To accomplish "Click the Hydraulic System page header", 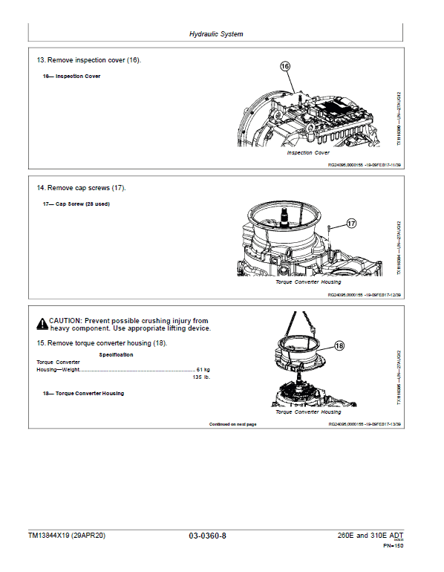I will click(x=216, y=34).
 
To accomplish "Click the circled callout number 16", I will click(x=285, y=67).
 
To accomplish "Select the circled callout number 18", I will click(x=339, y=345).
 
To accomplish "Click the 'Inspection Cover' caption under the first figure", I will click(x=308, y=152).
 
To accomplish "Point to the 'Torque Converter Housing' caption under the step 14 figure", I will click(x=308, y=282).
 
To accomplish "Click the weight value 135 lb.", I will click(x=201, y=377).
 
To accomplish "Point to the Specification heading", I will click(x=117, y=355).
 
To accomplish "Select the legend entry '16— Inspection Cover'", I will click(x=70, y=77).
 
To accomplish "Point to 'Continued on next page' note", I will click(x=232, y=424).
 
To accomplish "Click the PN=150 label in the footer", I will click(x=393, y=546).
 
